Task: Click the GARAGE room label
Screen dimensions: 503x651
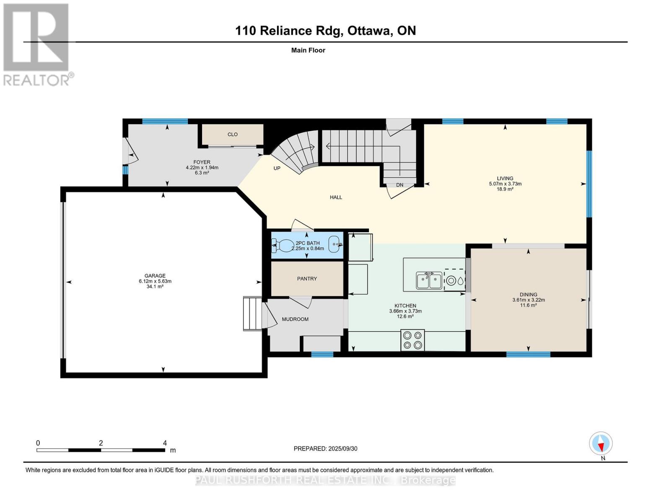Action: (x=155, y=276)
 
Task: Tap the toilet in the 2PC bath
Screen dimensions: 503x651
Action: (x=283, y=245)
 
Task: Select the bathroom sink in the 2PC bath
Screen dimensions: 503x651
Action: (x=335, y=244)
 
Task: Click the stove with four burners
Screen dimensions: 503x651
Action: (x=412, y=340)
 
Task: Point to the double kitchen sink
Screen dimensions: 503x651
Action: (x=429, y=280)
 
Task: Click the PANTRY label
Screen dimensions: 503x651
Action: (x=307, y=279)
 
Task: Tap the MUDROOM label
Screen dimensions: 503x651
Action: (x=295, y=319)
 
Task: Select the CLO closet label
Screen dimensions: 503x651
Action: (x=233, y=135)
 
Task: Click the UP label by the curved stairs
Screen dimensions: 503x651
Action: (x=277, y=169)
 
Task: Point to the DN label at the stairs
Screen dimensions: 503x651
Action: (x=399, y=185)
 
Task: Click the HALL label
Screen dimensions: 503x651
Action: (x=336, y=197)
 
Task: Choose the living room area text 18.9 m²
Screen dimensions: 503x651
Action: (x=505, y=189)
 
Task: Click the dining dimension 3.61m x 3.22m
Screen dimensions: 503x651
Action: (x=528, y=300)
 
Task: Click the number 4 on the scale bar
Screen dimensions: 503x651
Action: (x=165, y=443)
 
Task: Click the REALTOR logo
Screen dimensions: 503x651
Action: (x=36, y=44)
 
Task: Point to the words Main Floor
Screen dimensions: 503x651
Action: (x=308, y=50)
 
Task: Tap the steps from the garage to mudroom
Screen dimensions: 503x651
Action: (x=252, y=314)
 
